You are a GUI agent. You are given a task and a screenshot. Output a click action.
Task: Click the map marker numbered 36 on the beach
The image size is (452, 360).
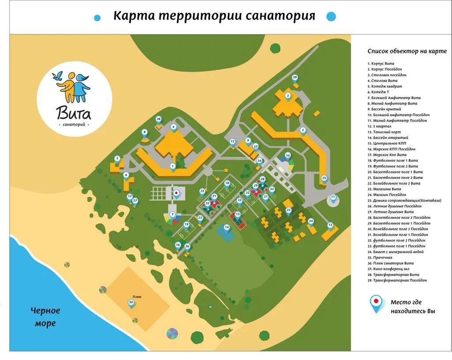tap(131, 303)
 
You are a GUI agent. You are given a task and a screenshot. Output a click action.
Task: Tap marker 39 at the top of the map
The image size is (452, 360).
tap(295, 78)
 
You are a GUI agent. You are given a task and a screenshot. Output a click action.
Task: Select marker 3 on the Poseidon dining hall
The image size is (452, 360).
tap(288, 96)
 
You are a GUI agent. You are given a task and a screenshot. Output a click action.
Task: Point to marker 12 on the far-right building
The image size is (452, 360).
tap(330, 225)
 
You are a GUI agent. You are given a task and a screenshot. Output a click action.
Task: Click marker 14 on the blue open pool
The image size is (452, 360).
tap(227, 228)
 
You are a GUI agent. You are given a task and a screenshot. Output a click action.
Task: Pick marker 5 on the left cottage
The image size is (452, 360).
tap(117, 159)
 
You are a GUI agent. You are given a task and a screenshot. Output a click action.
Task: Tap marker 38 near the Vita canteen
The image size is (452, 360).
tap(158, 119)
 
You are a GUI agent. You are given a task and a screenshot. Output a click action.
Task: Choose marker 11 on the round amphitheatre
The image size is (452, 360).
tap(333, 197)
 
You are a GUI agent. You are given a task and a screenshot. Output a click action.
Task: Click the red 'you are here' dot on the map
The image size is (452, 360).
tap(176, 193)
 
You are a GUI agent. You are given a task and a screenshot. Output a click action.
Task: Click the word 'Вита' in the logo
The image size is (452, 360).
tap(74, 113)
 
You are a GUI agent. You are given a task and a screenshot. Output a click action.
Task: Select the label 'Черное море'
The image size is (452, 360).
tap(45, 317)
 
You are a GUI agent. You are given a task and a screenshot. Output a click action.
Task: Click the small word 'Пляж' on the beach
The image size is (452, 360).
tap(136, 297)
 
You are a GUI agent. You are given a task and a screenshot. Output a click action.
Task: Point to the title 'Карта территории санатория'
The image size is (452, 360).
tap(215, 16)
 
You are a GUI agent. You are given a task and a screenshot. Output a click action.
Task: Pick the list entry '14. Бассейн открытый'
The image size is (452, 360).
tap(388, 138)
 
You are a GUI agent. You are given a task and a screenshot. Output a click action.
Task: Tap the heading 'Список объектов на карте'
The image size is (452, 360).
tap(407, 51)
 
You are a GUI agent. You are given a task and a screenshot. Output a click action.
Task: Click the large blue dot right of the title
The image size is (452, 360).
tap(331, 16)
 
